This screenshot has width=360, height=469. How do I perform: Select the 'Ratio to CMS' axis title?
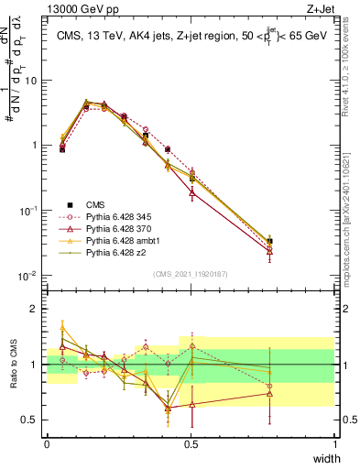[13, 365]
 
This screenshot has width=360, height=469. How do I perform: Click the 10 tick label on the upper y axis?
[31, 80]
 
